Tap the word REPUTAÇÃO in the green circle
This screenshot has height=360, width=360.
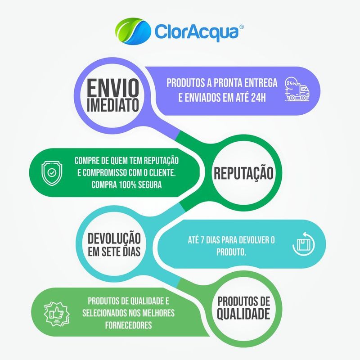tap(243, 173)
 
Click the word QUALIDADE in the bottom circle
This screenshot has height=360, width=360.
tap(243, 314)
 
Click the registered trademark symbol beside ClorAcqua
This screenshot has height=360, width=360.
tap(242, 27)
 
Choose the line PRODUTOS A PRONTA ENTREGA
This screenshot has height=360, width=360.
tap(222, 83)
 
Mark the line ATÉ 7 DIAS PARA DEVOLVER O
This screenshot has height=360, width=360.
tap(230, 240)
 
